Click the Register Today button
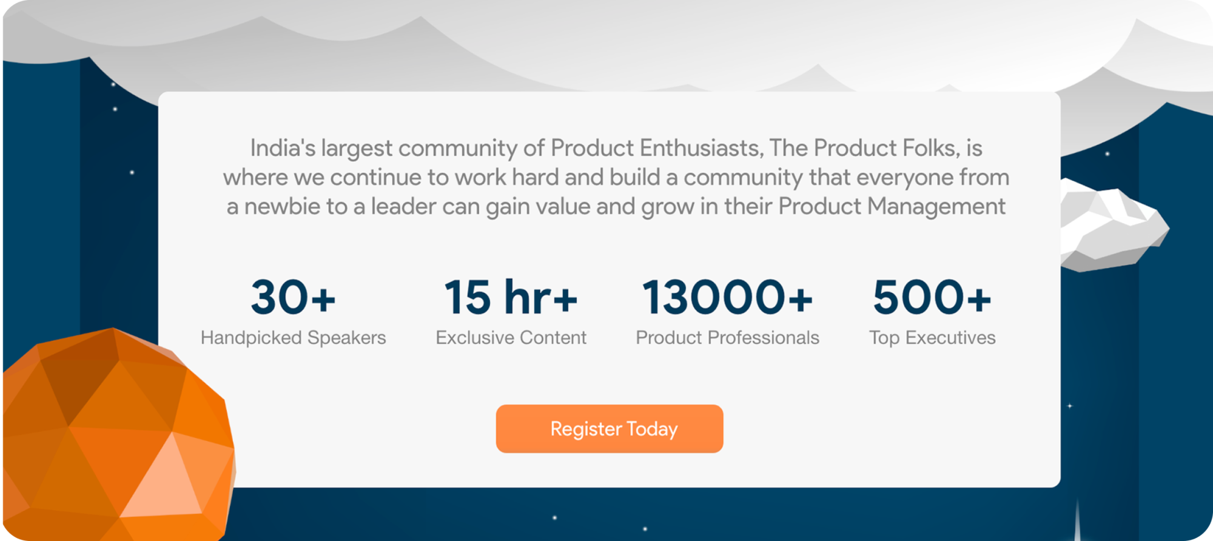click(610, 429)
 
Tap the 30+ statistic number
click(293, 297)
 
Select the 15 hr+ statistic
click(511, 297)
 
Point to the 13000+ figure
click(727, 297)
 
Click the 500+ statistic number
click(932, 297)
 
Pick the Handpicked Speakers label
click(294, 338)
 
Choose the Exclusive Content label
click(511, 338)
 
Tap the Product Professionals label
click(727, 338)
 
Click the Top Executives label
click(932, 338)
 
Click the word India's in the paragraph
click(283, 148)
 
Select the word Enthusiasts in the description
click(701, 149)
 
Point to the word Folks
click(932, 149)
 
